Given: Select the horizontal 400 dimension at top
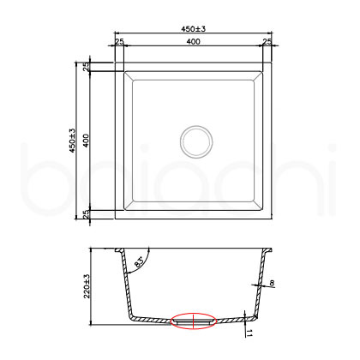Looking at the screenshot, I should (x=195, y=42).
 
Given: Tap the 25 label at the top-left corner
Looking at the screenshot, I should (x=120, y=42).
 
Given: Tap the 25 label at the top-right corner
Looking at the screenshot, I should (x=267, y=42).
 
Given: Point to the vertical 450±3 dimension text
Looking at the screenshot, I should (x=74, y=141).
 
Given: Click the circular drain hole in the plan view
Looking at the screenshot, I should (x=195, y=140).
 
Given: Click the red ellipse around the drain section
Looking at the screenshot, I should (x=195, y=321).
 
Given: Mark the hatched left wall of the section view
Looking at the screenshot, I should (x=121, y=283).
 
